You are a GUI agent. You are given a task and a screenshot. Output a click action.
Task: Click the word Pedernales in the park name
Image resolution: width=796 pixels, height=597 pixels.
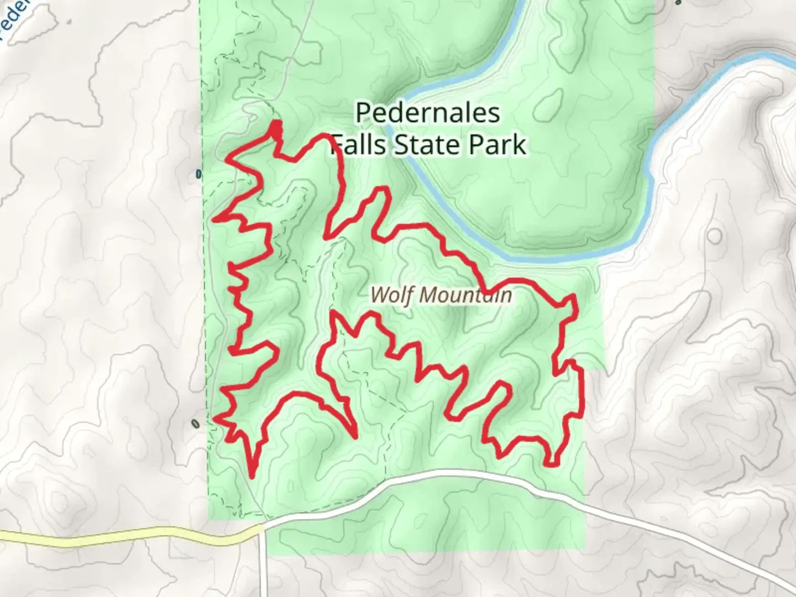427,113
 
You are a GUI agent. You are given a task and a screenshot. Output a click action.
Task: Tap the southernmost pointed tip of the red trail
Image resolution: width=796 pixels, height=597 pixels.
252,475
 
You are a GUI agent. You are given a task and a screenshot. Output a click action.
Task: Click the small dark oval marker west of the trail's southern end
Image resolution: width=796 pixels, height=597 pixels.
195,424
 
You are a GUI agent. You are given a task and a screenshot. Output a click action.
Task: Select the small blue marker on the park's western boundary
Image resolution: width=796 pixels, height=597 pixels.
198,175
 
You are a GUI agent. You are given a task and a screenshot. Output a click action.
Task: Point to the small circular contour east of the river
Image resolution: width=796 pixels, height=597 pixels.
714,237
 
